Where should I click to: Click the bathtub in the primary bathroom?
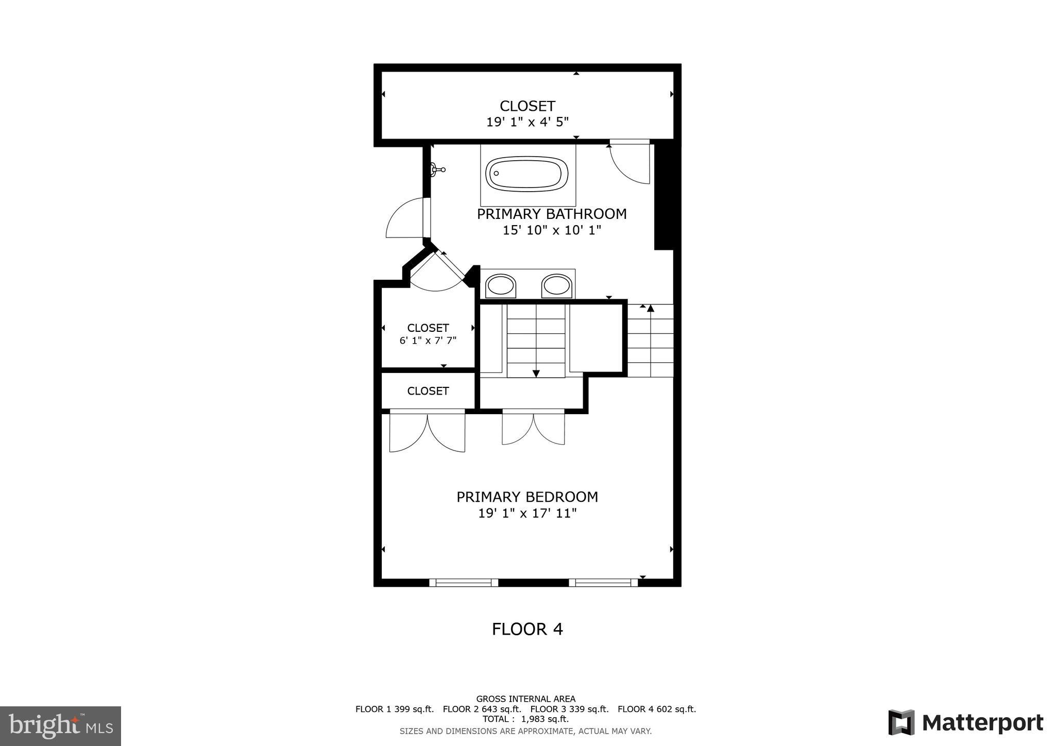[526, 174]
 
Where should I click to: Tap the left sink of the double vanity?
[501, 286]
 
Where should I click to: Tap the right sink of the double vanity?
[556, 286]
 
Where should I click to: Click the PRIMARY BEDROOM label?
[527, 497]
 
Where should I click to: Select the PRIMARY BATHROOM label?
[552, 214]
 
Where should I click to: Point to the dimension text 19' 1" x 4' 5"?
[527, 122]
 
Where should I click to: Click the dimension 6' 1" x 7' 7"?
[428, 341]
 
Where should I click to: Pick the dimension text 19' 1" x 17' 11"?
[527, 513]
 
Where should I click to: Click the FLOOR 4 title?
[527, 629]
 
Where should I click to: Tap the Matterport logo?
[965, 723]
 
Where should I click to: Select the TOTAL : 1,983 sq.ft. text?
[525, 719]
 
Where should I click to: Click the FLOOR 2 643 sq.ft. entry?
[482, 709]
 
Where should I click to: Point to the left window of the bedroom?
[464, 583]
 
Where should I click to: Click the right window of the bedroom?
[603, 583]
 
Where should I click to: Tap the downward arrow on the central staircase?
[536, 374]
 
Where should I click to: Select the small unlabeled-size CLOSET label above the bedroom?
[428, 391]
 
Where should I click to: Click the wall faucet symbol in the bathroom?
[437, 169]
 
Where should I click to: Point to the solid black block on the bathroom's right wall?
[664, 196]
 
